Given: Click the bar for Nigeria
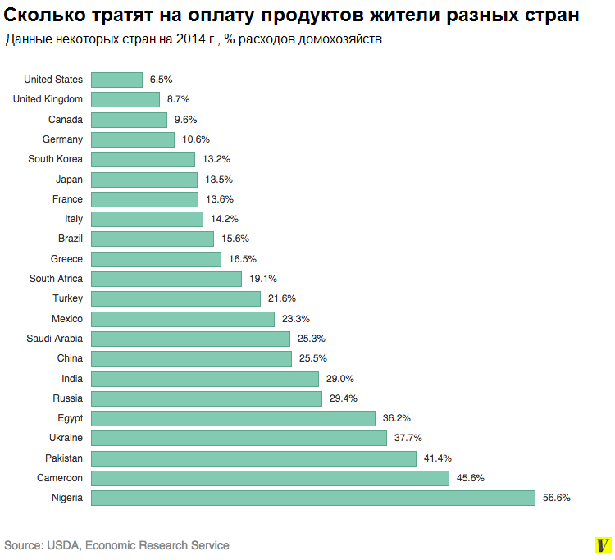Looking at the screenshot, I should tap(312, 498).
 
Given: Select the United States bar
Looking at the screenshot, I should tap(116, 80).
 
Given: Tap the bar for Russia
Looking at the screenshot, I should tap(206, 398).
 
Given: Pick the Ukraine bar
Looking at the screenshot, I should tap(239, 438).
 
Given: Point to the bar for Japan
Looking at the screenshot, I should tap(143, 180).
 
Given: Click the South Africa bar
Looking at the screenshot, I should tap(166, 279).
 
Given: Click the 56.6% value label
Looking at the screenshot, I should tap(556, 498).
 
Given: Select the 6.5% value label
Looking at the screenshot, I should tap(162, 80).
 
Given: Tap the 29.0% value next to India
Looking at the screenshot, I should tap(340, 379).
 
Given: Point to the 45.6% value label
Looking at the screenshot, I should tap(471, 478).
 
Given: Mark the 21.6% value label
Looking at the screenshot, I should tap(282, 298).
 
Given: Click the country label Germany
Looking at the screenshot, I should tap(62, 139).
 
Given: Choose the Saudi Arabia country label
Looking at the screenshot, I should tap(54, 339).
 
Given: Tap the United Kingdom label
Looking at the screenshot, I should tap(48, 99).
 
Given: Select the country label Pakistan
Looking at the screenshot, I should tap(64, 458).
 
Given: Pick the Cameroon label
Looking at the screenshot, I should tap(60, 478).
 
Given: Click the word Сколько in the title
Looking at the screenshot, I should tap(40, 15).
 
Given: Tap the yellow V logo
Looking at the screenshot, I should tap(603, 545).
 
